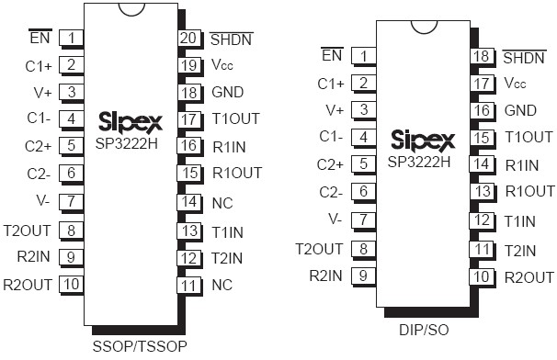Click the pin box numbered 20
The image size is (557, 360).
(188, 39)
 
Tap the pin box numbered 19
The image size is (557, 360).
(188, 65)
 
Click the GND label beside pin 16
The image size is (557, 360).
(521, 110)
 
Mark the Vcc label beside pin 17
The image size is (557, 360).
(516, 83)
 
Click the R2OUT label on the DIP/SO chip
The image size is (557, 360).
(529, 276)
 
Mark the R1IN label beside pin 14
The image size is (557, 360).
(523, 164)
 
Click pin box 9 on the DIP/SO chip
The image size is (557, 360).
(364, 275)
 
